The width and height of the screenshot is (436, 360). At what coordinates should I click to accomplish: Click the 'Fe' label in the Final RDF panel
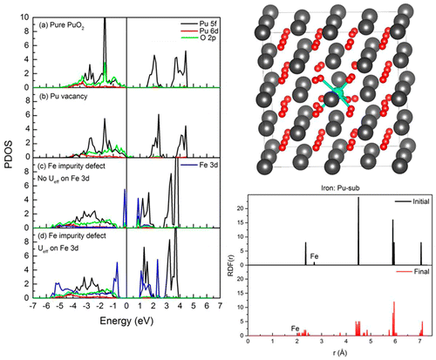296,327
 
